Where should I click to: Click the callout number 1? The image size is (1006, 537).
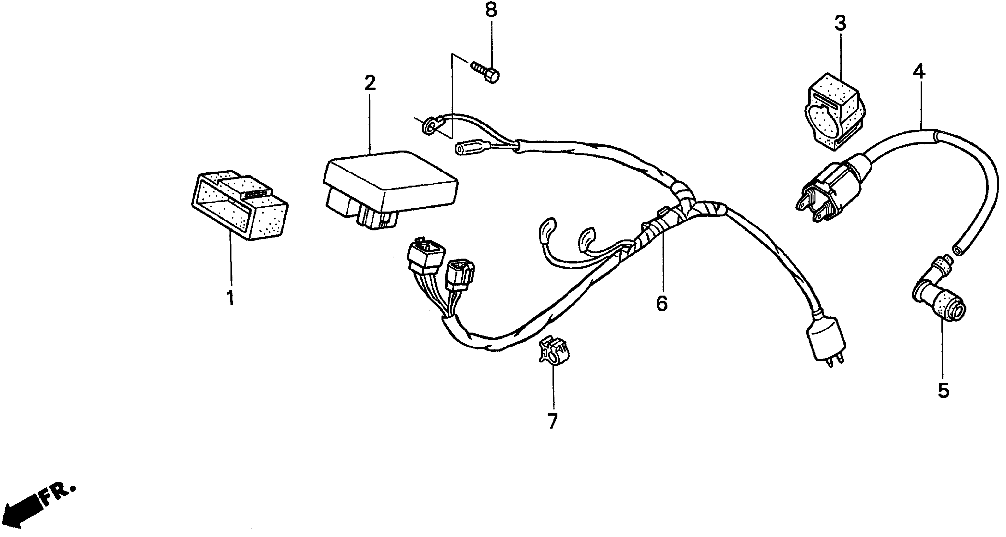point(231,298)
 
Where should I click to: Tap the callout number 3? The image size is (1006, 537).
point(840,23)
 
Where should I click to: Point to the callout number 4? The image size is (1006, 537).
point(919,72)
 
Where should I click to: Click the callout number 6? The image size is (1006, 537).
point(662,303)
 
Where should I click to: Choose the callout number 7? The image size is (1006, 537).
point(552,421)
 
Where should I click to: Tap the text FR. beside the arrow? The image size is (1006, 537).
point(59,494)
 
